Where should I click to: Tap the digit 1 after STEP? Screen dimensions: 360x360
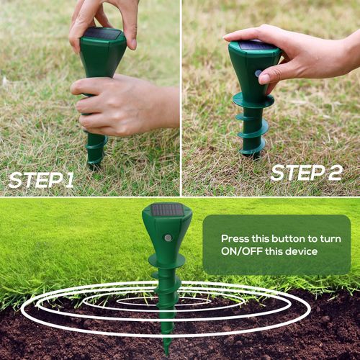[x=68, y=180]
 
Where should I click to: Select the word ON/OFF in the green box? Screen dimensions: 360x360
[x=243, y=251]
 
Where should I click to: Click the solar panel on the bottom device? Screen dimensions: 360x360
[x=166, y=210]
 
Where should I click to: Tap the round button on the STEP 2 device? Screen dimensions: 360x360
[x=258, y=73]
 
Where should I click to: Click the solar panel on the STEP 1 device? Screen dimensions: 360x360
[x=102, y=34]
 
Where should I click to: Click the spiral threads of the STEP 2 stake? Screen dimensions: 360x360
[x=251, y=130]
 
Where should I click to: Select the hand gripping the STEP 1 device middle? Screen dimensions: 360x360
[x=115, y=104]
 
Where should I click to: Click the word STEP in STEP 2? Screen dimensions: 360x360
[x=295, y=173]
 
